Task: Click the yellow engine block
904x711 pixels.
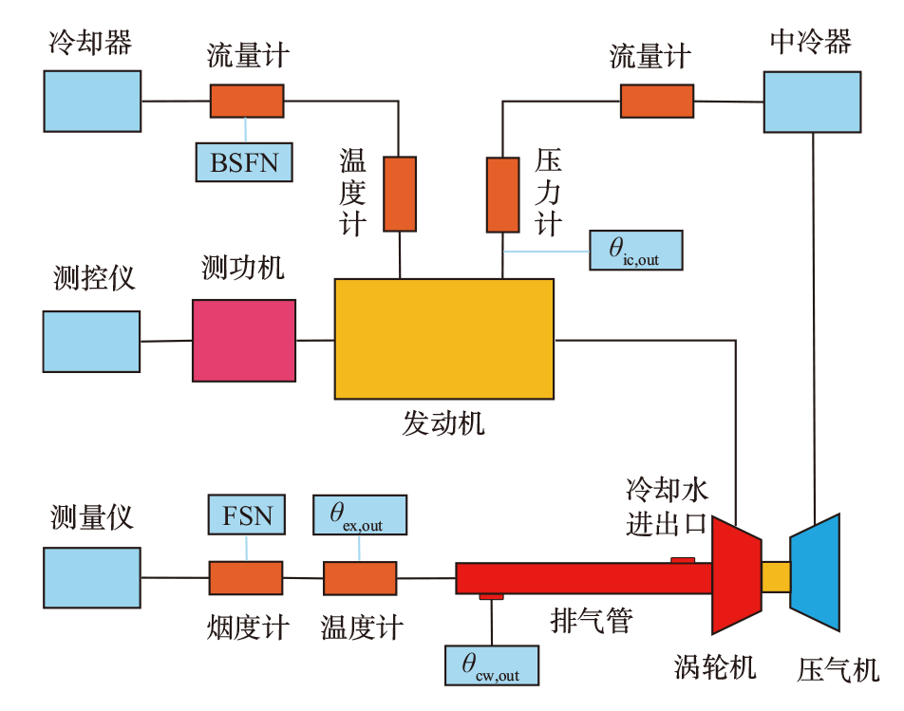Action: click(x=444, y=339)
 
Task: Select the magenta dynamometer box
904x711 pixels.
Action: click(x=244, y=341)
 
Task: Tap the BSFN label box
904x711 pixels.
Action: click(x=244, y=162)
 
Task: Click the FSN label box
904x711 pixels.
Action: click(x=247, y=515)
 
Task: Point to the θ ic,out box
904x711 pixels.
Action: click(x=636, y=250)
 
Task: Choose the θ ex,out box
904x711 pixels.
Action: click(x=360, y=515)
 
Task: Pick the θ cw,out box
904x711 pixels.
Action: click(x=492, y=665)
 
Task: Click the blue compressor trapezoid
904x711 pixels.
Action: click(x=815, y=572)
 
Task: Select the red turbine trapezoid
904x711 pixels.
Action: click(x=737, y=575)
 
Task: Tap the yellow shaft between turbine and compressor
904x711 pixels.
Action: click(x=776, y=577)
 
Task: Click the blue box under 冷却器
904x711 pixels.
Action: click(x=92, y=102)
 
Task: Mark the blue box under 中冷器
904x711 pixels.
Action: click(x=812, y=102)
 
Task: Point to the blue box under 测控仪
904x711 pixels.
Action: click(x=92, y=342)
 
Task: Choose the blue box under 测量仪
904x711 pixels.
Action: click(x=92, y=578)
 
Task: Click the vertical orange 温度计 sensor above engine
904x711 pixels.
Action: click(x=400, y=194)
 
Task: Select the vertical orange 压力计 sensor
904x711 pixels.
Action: click(x=502, y=195)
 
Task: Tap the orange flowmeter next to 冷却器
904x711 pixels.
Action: click(x=247, y=102)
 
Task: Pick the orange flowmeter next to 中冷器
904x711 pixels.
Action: click(x=657, y=102)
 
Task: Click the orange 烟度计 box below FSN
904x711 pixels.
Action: click(x=246, y=578)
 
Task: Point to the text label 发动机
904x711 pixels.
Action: click(x=443, y=423)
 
